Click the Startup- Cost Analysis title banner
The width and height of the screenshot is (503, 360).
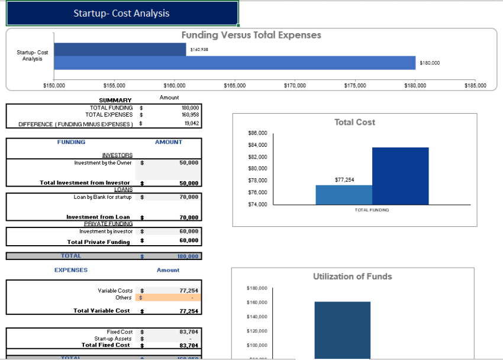coord(121,13)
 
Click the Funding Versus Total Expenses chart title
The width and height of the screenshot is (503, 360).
coord(251,36)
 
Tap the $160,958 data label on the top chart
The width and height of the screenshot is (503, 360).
coord(199,50)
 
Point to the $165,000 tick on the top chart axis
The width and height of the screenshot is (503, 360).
coord(234,86)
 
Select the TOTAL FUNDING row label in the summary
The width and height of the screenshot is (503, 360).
coord(111,108)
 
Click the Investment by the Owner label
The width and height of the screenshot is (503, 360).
coord(103,162)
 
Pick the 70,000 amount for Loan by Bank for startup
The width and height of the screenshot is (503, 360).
coord(189,197)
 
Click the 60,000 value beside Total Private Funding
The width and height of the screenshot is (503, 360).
coord(189,241)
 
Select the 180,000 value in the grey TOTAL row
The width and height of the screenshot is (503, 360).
coord(189,256)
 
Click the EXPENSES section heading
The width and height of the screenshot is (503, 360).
coord(71,270)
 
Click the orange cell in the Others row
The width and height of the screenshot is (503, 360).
coord(172,298)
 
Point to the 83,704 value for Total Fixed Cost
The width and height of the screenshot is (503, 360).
coord(189,345)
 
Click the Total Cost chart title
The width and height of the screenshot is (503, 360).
coord(354,122)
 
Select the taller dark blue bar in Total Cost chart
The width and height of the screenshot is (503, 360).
coord(400,176)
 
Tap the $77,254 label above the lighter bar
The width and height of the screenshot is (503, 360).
coord(344,179)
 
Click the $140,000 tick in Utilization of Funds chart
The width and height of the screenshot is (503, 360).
coord(256,317)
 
